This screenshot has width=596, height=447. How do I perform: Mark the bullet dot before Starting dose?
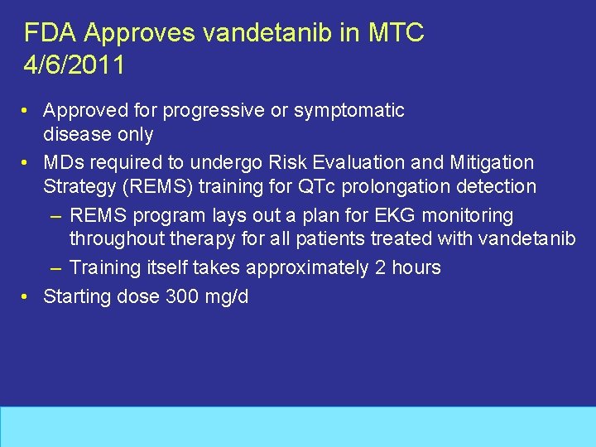(x=27, y=296)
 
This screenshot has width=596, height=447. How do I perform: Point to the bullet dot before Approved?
(x=27, y=110)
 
